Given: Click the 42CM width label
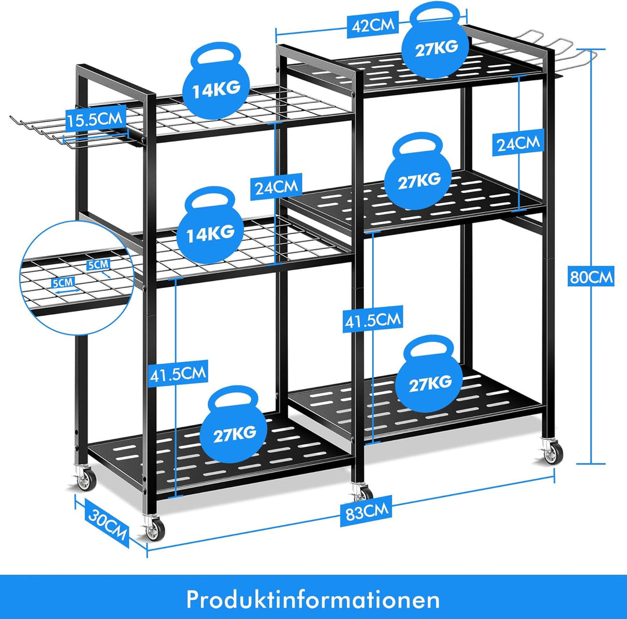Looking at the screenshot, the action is (373, 26).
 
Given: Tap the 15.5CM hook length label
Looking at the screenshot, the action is (95, 119).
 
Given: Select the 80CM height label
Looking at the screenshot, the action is (591, 276).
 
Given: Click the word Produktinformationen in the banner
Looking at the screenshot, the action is (313, 599).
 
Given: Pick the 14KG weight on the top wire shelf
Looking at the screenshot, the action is (216, 82).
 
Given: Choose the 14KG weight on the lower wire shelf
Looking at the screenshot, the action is (211, 226).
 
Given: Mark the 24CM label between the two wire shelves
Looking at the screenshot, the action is (276, 186).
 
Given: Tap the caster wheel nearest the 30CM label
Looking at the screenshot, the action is (153, 528).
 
